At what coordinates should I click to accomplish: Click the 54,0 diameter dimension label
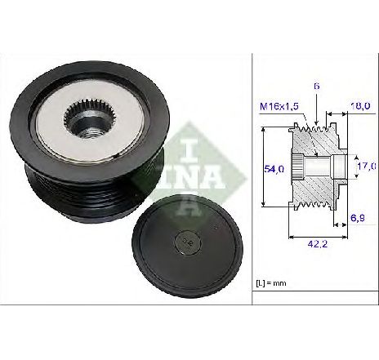click(274, 169)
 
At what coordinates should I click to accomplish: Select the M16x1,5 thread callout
click(279, 106)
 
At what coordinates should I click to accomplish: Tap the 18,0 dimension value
click(360, 105)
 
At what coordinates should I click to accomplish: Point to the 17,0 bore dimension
click(367, 166)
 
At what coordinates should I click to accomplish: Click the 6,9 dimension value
click(358, 218)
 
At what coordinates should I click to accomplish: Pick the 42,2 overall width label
click(318, 244)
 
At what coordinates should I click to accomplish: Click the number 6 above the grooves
click(316, 87)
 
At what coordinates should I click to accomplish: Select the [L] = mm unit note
click(271, 283)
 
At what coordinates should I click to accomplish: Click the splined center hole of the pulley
click(91, 118)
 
